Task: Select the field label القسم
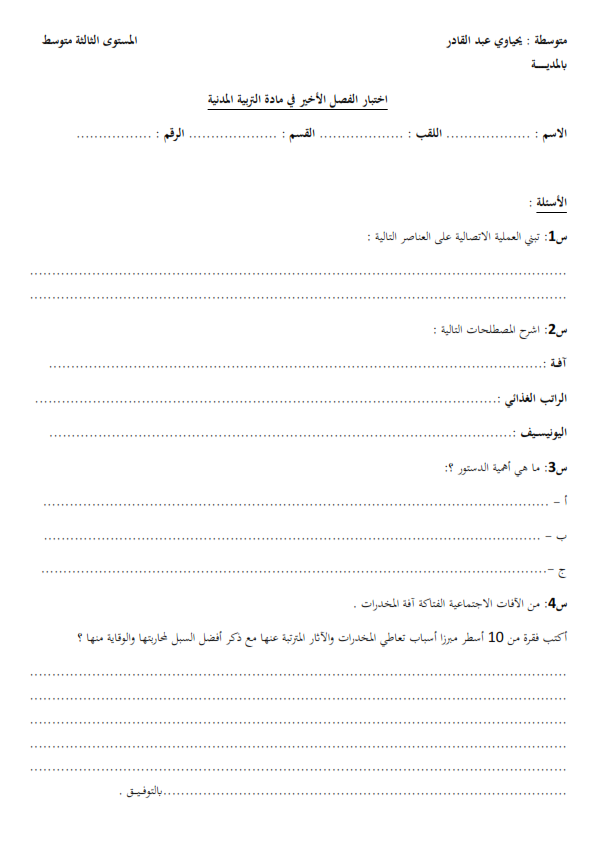[299, 133]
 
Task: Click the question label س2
[557, 330]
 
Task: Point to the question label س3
[557, 467]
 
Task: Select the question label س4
[557, 604]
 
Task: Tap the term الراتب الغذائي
[536, 399]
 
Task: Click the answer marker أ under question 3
[564, 501]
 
